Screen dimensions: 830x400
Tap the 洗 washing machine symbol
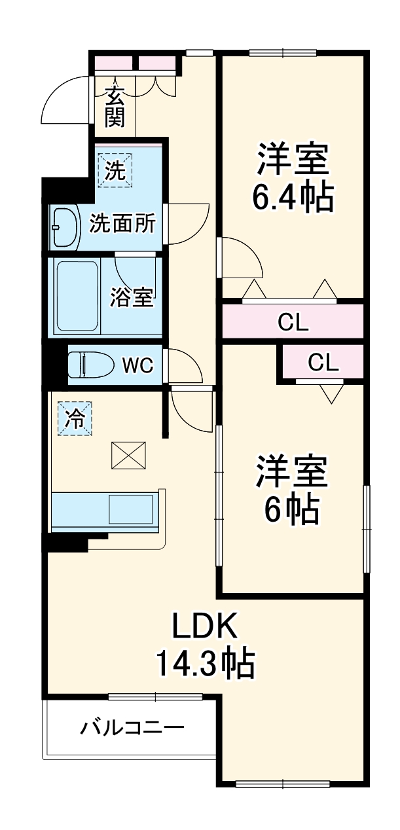(x=115, y=170)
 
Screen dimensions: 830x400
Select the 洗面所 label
(x=122, y=224)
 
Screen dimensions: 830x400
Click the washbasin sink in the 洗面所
(x=64, y=228)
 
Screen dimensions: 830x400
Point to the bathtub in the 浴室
(x=77, y=296)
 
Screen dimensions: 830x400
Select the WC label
(x=138, y=365)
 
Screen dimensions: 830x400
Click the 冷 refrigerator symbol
(x=76, y=417)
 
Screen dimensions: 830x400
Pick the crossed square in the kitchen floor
(x=128, y=455)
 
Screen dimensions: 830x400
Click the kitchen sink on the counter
(x=131, y=509)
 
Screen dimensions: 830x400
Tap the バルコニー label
(x=132, y=727)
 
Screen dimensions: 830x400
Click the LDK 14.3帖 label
(x=204, y=645)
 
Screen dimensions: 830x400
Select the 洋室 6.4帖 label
(x=293, y=177)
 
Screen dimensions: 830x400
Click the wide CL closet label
(x=293, y=322)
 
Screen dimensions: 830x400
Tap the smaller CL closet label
(x=323, y=362)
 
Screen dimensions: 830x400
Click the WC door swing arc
(x=185, y=367)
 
